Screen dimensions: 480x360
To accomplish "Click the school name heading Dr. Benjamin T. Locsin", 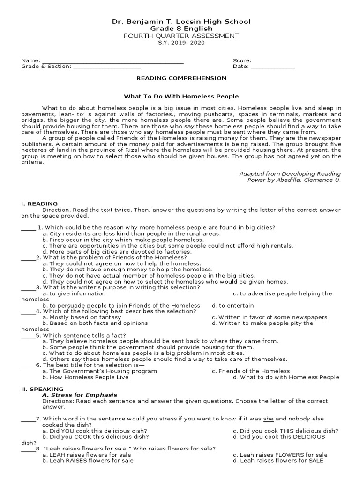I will tap(180, 22).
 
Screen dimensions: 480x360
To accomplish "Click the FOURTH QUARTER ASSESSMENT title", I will tap(180, 36).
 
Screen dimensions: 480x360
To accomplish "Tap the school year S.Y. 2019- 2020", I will tap(180, 43).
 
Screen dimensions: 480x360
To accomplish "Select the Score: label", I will tap(242, 60).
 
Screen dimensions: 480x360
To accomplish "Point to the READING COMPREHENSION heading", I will tap(181, 78).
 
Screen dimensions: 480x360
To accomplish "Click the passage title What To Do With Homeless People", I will tap(181, 96).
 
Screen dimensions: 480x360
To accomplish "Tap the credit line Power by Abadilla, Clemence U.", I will tap(293, 180).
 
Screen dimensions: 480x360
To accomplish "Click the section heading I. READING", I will tap(39, 203).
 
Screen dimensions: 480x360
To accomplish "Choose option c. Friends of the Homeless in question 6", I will tap(251, 371).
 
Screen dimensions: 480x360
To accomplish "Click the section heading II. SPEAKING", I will tap(42, 389).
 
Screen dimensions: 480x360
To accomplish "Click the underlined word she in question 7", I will tap(269, 419).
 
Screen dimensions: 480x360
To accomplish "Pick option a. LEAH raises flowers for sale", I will tap(87, 455).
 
